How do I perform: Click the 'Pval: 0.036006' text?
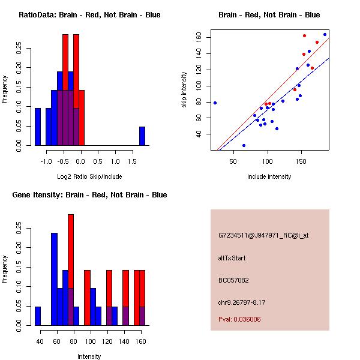tap(239, 320)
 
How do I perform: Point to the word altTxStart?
tap(232, 258)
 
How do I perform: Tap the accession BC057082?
tap(233, 280)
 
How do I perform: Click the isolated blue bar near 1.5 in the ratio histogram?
tap(142, 136)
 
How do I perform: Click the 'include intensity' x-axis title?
tap(269, 176)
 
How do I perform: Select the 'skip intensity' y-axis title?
tap(185, 90)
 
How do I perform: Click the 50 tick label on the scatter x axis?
tap(233, 161)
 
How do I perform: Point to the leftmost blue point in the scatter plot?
tap(215, 103)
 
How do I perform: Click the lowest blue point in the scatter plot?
tap(244, 145)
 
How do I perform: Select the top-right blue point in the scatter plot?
tap(325, 34)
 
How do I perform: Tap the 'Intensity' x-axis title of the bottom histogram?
tap(89, 356)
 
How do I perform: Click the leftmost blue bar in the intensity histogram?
tap(38, 316)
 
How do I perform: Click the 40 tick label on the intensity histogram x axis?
tap(40, 341)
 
